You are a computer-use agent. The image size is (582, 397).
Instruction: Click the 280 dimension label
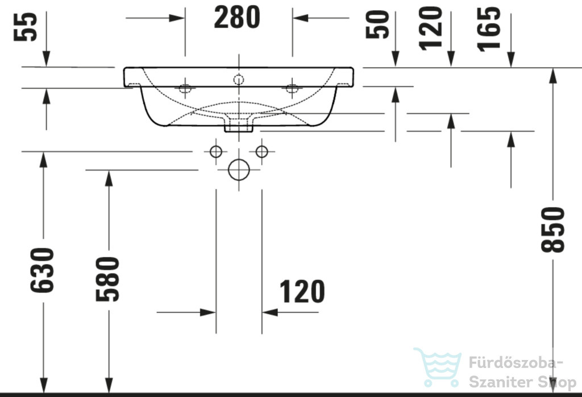[237, 18]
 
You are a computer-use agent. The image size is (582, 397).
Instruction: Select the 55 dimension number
[26, 26]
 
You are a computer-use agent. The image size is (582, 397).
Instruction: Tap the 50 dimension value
[377, 24]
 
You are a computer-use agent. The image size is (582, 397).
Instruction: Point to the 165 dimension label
[488, 29]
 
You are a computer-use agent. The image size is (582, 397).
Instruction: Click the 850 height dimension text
[552, 230]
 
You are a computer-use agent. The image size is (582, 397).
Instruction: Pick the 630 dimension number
[42, 270]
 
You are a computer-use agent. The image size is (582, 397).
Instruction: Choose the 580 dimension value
[107, 279]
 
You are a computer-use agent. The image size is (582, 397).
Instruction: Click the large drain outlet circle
[239, 170]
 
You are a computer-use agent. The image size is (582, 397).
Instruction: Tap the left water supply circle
[216, 151]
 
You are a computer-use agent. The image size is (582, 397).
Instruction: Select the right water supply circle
[262, 151]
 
